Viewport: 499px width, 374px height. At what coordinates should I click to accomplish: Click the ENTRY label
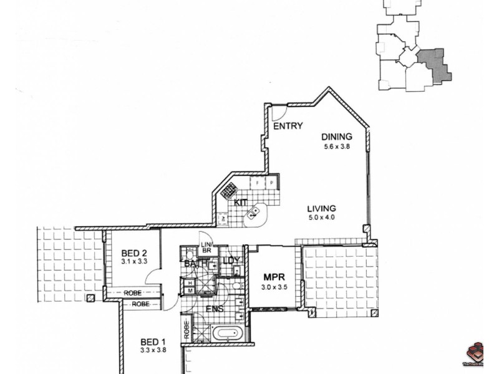tap(288, 127)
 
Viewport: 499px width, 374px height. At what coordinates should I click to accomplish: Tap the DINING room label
tap(337, 137)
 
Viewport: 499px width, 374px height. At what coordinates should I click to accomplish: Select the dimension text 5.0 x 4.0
tap(322, 218)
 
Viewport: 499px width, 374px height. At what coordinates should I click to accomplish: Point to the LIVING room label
tap(322, 209)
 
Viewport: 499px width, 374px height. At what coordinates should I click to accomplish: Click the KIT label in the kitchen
tap(241, 203)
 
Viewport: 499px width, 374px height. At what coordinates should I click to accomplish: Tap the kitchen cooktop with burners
tap(228, 190)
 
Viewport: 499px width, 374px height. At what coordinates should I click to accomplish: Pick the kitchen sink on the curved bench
tap(254, 213)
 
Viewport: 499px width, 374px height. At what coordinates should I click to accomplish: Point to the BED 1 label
tap(152, 342)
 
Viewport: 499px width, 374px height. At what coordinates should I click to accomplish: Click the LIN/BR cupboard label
tap(206, 247)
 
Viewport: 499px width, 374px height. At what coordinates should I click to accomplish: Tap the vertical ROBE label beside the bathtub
tap(186, 328)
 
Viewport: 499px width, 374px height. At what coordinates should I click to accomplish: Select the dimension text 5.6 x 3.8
tap(337, 147)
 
